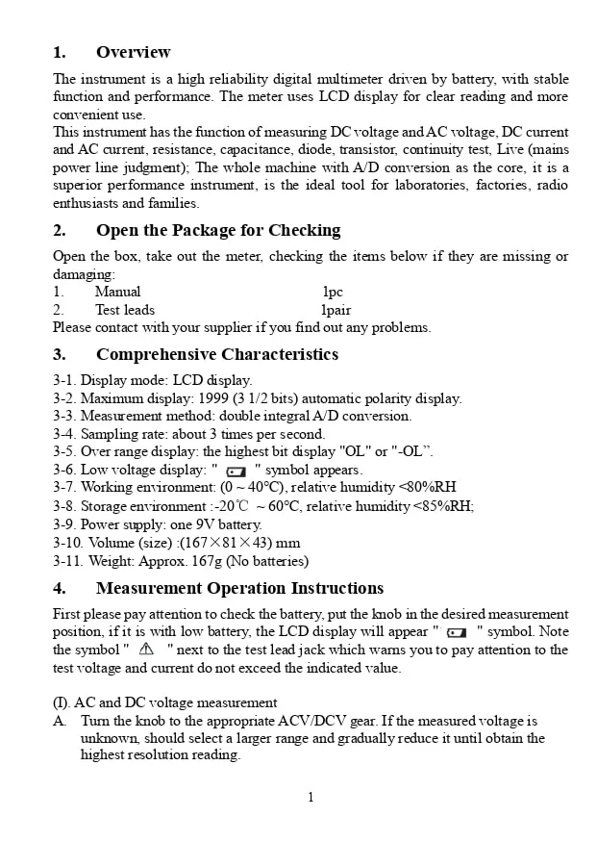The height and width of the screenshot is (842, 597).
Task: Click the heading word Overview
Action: point(133,52)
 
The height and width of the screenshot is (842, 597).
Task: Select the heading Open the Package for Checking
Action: point(218,230)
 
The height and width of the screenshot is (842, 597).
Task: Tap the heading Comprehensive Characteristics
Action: point(217,354)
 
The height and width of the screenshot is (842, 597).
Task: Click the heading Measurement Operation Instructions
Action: point(239,588)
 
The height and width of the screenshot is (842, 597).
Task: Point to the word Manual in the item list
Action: point(117,292)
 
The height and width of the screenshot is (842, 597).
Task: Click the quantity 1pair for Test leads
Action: point(336,310)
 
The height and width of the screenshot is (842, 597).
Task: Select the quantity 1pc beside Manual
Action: point(333,292)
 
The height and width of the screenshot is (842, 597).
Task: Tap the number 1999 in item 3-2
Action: point(212,398)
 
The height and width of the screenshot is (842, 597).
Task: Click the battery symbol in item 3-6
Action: point(236,472)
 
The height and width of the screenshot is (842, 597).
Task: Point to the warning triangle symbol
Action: point(146,650)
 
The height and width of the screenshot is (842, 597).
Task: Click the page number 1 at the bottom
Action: point(311,797)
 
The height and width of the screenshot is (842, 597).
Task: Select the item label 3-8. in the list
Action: point(64,506)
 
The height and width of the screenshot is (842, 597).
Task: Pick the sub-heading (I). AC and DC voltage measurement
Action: point(164,702)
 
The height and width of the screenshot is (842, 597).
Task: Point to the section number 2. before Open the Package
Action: point(60,230)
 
